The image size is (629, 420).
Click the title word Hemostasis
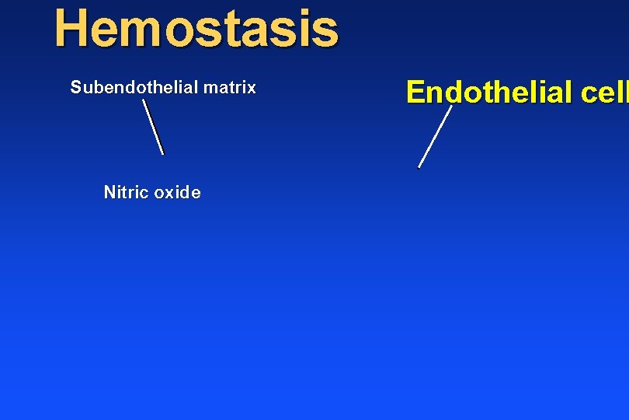point(196,28)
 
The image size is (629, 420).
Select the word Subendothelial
point(134,88)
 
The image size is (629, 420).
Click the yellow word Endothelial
point(488,92)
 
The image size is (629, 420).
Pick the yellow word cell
point(603,92)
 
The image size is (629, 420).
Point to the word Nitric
point(126,192)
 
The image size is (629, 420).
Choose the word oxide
point(177,192)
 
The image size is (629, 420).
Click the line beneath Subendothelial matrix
point(154,127)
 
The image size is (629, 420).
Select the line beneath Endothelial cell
point(435,137)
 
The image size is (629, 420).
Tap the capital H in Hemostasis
point(70,28)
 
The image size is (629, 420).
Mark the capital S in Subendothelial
point(75,88)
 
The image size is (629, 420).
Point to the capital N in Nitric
point(109,192)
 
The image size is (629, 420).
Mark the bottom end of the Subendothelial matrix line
point(163,153)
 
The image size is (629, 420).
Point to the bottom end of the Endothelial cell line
point(419,166)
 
